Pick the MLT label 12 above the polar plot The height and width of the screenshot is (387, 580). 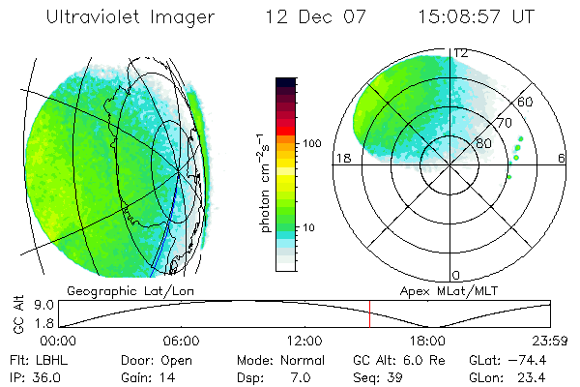coord(462,52)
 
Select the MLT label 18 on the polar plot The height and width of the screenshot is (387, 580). coord(340,158)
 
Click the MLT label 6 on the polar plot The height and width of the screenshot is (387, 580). coord(563,158)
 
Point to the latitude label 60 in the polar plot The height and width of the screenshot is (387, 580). coord(527,102)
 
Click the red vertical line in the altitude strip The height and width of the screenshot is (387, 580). coord(369,313)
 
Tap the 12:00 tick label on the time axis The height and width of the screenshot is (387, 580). coord(304,342)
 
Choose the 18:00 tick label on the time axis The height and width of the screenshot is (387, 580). coord(427,342)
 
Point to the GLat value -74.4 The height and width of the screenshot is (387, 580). coord(534,359)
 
